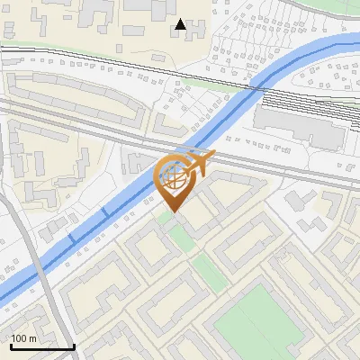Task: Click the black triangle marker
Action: tap(182, 24)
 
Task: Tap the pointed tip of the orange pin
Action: tap(173, 212)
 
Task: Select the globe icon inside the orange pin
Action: tap(173, 176)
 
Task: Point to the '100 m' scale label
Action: tap(24, 338)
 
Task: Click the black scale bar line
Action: tap(42, 346)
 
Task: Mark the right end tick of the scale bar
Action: tap(74, 344)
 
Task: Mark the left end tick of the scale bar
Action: tap(10, 344)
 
